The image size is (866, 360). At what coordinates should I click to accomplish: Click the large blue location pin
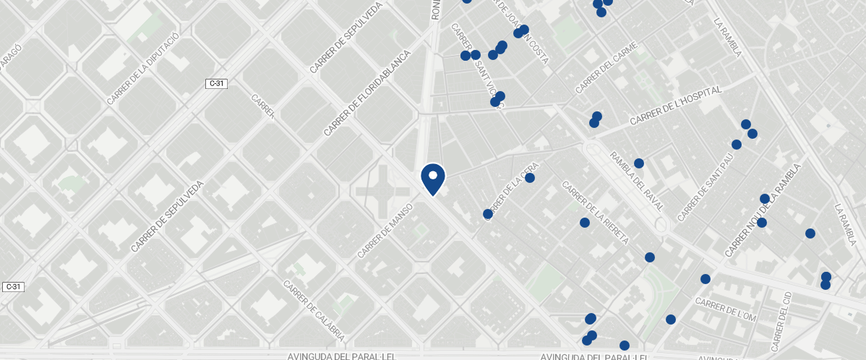432,178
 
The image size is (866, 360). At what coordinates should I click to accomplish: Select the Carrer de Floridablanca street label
366,93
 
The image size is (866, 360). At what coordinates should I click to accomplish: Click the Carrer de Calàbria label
314,311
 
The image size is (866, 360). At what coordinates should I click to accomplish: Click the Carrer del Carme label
606,68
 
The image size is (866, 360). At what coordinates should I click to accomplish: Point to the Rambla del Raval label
637,181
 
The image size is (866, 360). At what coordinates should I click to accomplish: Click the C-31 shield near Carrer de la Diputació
217,83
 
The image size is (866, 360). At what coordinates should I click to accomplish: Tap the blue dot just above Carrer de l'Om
706,279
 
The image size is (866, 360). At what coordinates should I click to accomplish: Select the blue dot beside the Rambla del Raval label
639,163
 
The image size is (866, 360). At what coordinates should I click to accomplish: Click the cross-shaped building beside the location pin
382,192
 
